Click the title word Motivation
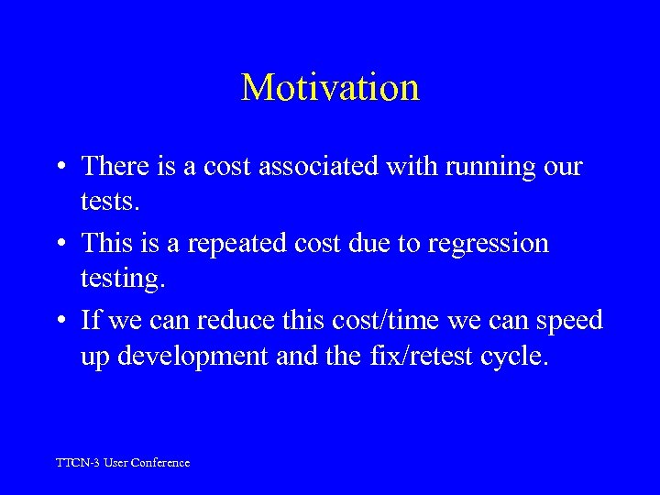(x=330, y=88)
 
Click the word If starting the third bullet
(x=91, y=321)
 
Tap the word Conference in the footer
(x=161, y=463)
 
